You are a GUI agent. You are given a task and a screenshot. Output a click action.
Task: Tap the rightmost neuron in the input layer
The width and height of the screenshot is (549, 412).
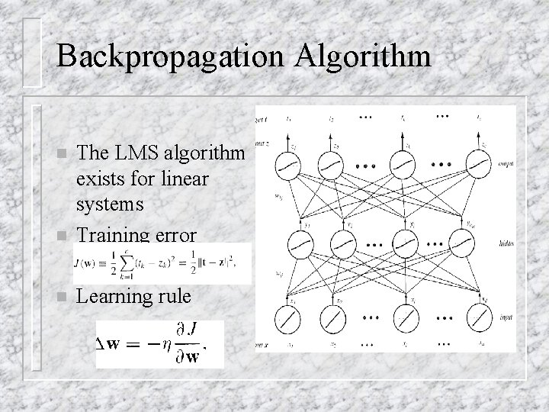[478, 317]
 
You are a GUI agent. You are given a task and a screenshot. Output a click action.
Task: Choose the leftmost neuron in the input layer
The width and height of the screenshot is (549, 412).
[290, 317]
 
